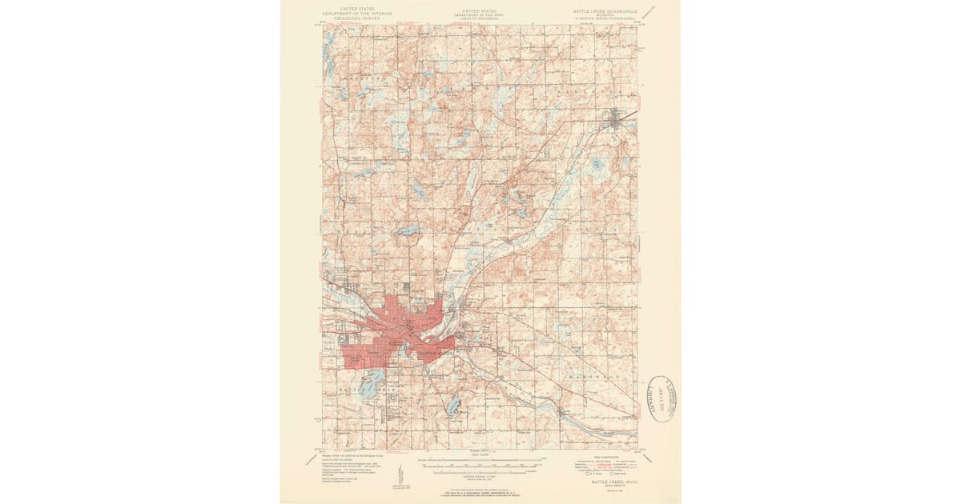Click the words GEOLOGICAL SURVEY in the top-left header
(x=346, y=18)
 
